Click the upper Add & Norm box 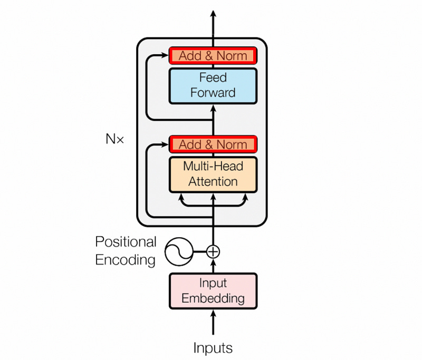213,55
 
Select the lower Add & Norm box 213,144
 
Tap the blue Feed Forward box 213,85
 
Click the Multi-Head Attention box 213,174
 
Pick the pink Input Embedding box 213,290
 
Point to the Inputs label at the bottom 213,348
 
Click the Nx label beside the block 114,140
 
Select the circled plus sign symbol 213,251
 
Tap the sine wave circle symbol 179,251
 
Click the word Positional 126,242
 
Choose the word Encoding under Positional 126,260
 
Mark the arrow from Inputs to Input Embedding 213,322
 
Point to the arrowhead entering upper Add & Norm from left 164,55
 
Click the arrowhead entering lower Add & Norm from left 164,144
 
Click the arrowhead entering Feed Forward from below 213,108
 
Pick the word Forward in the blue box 213,93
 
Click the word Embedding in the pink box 213,298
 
